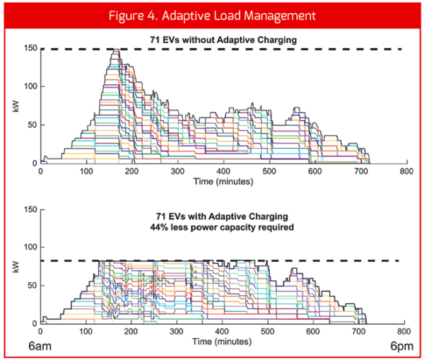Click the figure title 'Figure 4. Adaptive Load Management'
pyautogui.click(x=212, y=14)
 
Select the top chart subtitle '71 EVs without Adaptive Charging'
pyautogui.click(x=223, y=40)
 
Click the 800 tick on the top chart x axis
pyautogui.click(x=406, y=172)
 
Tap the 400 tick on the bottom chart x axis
pyautogui.click(x=223, y=331)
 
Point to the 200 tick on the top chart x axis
pyautogui.click(x=132, y=172)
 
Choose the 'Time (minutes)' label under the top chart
pyautogui.click(x=223, y=181)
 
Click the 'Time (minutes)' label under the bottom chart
pyautogui.click(x=223, y=340)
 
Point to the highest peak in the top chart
pyautogui.click(x=114, y=50)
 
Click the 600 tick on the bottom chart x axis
pyautogui.click(x=314, y=331)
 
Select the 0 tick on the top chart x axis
pyautogui.click(x=41, y=172)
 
